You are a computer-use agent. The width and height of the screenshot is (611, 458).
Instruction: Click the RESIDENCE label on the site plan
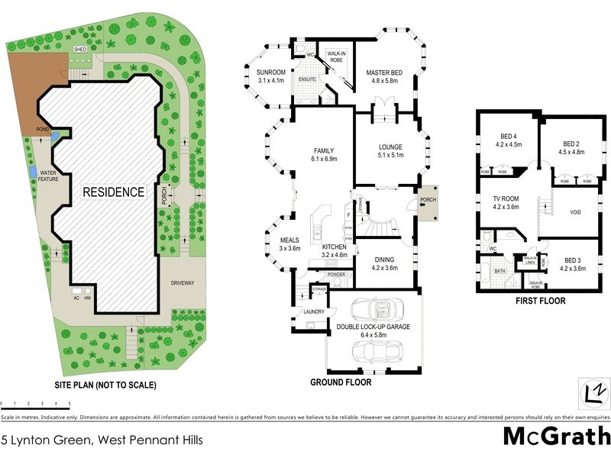pos(113,192)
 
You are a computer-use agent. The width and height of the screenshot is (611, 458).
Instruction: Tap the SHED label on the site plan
pos(79,49)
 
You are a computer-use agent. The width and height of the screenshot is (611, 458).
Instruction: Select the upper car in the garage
pos(373,311)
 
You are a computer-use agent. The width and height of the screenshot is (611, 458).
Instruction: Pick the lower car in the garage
pos(374,352)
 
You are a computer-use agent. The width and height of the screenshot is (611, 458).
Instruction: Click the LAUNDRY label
pos(314,311)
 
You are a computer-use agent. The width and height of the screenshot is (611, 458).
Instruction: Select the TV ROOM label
pos(506,198)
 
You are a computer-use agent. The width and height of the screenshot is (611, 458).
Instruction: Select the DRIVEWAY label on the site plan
pos(183,283)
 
